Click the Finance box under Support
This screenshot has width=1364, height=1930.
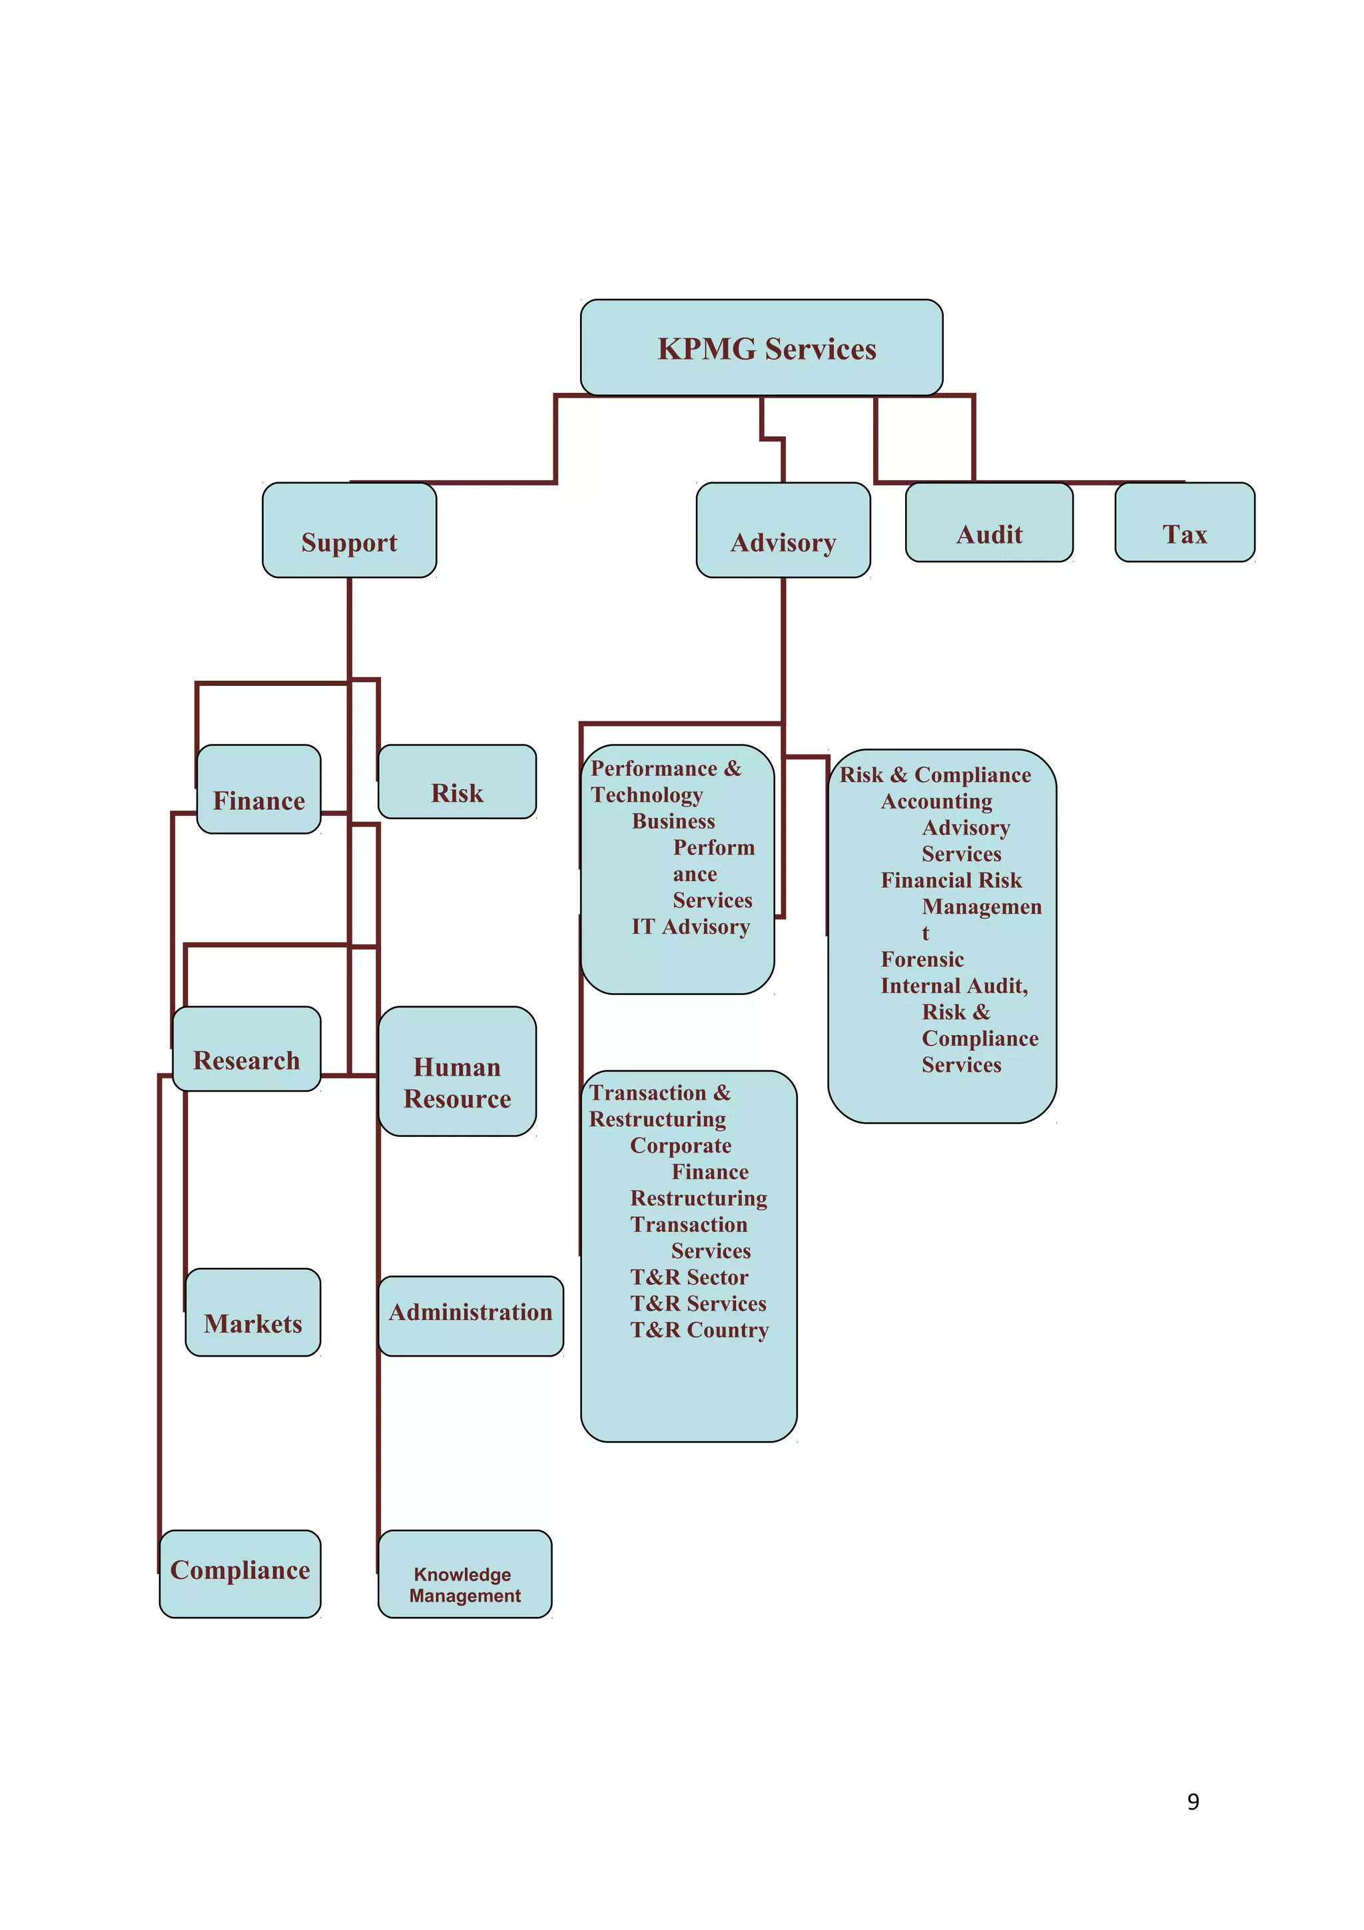[259, 790]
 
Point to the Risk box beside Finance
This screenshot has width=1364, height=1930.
[456, 783]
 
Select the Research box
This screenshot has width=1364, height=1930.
[246, 1050]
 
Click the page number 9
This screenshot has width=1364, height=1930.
[1193, 1801]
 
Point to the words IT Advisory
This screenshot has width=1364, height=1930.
[690, 927]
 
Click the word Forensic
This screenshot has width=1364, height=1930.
[922, 960]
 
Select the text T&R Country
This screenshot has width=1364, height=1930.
[699, 1331]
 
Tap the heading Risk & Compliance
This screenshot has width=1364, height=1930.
[934, 775]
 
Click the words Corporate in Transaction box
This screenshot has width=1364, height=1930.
[681, 1145]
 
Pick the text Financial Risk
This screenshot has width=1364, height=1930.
[950, 881]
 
